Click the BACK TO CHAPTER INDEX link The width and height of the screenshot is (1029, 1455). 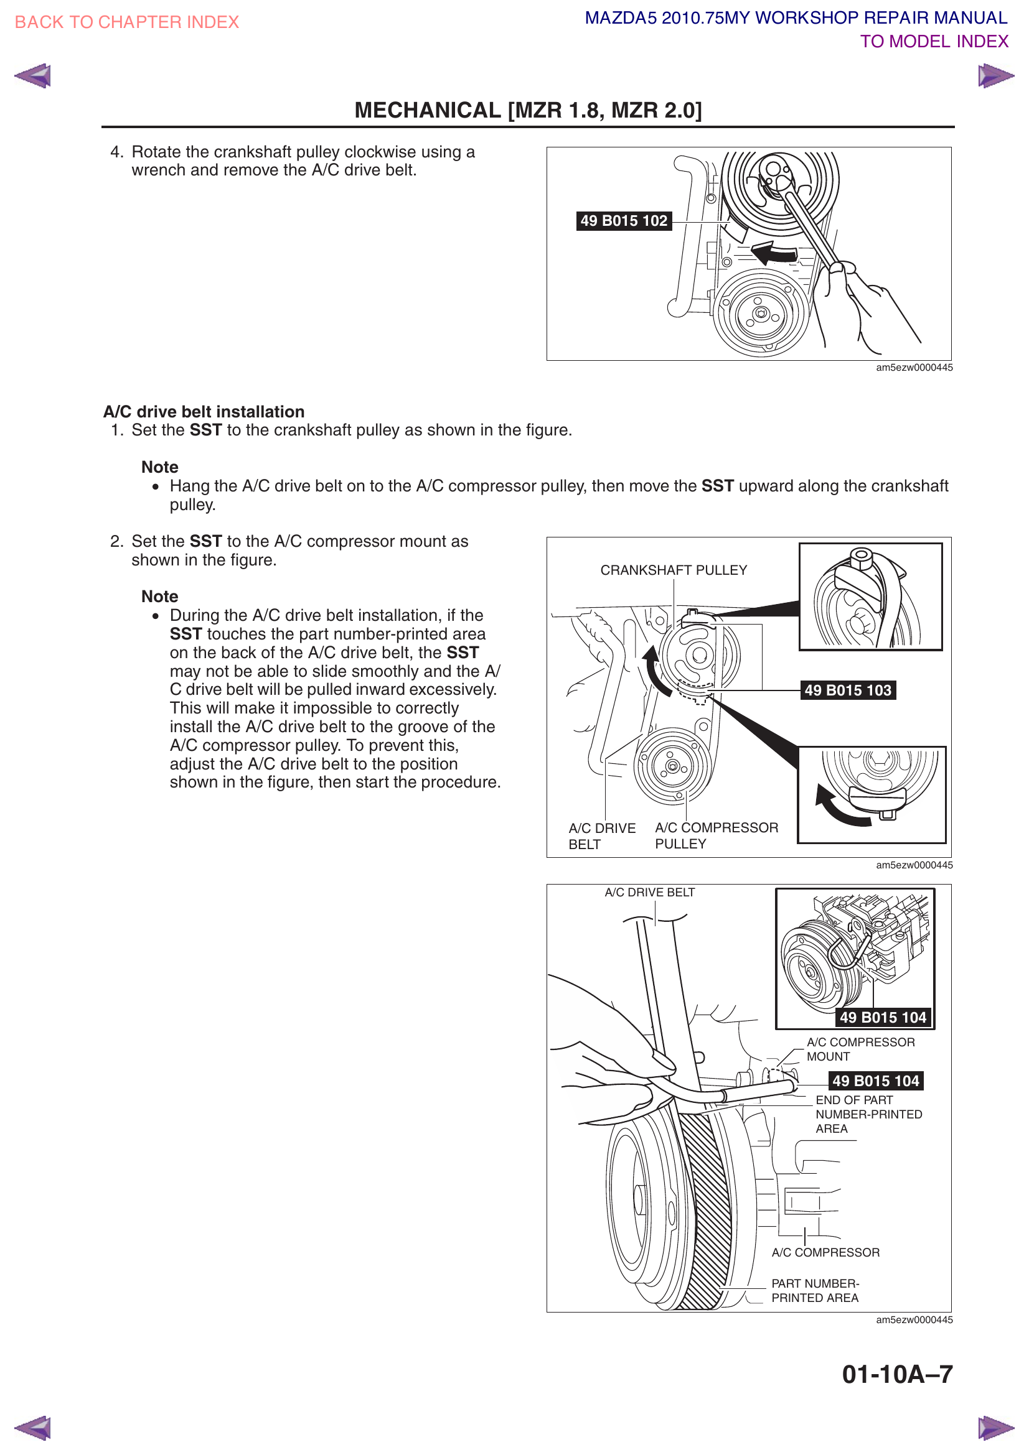127,22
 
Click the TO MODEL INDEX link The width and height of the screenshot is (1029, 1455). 933,42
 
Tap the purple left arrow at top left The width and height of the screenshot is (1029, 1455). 32,76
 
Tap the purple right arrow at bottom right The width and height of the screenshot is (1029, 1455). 995,1427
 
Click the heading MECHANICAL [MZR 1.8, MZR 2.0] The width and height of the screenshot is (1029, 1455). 527,110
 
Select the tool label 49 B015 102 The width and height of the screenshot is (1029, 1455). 623,221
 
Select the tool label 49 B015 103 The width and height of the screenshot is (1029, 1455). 847,690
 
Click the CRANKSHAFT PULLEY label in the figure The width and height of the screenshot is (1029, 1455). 674,570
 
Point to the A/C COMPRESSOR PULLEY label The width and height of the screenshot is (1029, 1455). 716,835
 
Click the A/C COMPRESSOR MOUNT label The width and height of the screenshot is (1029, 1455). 860,1049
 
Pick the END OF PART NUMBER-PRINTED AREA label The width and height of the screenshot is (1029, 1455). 868,1114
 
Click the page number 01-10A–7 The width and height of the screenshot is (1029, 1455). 896,1374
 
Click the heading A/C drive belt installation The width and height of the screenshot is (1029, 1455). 204,412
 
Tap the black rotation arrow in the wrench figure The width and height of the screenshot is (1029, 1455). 774,253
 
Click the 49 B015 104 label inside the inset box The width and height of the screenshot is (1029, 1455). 883,1017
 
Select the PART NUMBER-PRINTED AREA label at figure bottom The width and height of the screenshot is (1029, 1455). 815,1290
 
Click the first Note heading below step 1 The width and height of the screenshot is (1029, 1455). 160,467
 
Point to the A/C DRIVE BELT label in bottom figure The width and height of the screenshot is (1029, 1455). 649,892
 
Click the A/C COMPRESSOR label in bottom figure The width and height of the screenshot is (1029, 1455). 825,1252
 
